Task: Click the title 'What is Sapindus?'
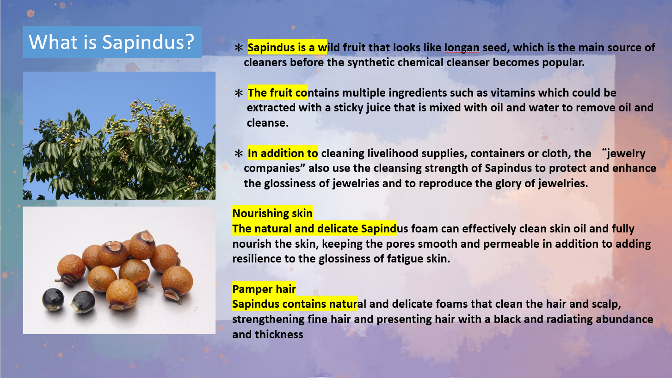tap(111, 42)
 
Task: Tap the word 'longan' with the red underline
tap(462, 48)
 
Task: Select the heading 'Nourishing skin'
tap(272, 213)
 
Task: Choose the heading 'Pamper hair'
tap(264, 289)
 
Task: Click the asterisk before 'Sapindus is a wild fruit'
tap(239, 48)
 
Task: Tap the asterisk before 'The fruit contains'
tap(239, 93)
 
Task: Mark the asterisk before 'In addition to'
tap(239, 153)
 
